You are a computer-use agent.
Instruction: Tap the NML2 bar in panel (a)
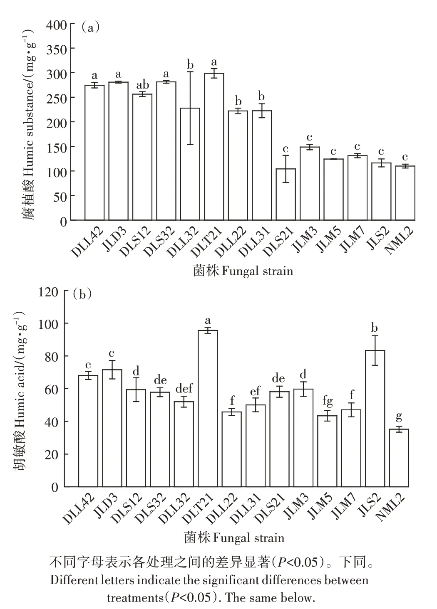click(405, 193)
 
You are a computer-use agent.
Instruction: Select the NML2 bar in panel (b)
click(399, 458)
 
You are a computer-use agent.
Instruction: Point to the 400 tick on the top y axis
click(57, 25)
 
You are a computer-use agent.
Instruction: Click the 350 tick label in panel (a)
click(57, 49)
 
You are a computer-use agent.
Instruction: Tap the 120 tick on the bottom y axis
click(48, 292)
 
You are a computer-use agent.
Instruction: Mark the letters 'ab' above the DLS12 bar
click(142, 86)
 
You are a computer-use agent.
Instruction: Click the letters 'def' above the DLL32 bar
click(184, 389)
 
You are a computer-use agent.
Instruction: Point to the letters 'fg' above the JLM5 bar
click(327, 402)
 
